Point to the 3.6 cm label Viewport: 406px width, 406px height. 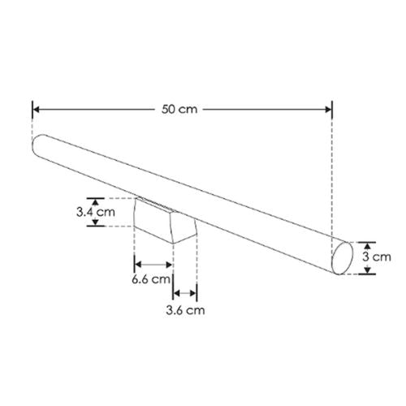tap(184, 309)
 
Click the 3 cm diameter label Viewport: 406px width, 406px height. tap(377, 258)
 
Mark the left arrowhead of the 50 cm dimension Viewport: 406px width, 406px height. tap(36, 107)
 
